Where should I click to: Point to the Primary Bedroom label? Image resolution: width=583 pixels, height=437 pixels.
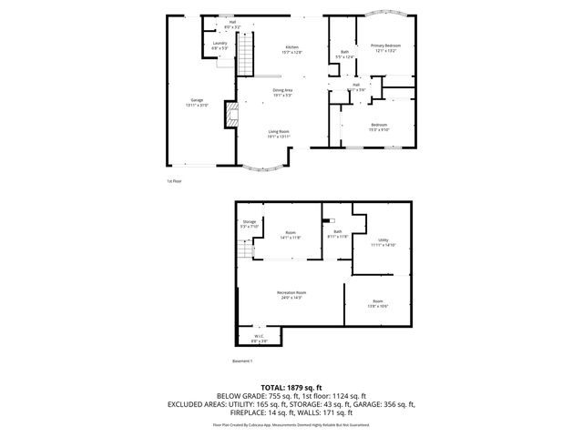[385, 46]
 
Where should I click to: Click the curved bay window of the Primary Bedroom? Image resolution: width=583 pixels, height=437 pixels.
[386, 15]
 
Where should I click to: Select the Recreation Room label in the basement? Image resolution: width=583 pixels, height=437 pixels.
[292, 294]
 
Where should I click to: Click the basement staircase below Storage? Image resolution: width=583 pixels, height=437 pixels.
[244, 249]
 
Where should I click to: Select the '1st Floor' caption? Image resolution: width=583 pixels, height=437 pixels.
[173, 180]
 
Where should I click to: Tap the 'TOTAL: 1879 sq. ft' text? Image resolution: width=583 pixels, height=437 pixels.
[291, 388]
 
